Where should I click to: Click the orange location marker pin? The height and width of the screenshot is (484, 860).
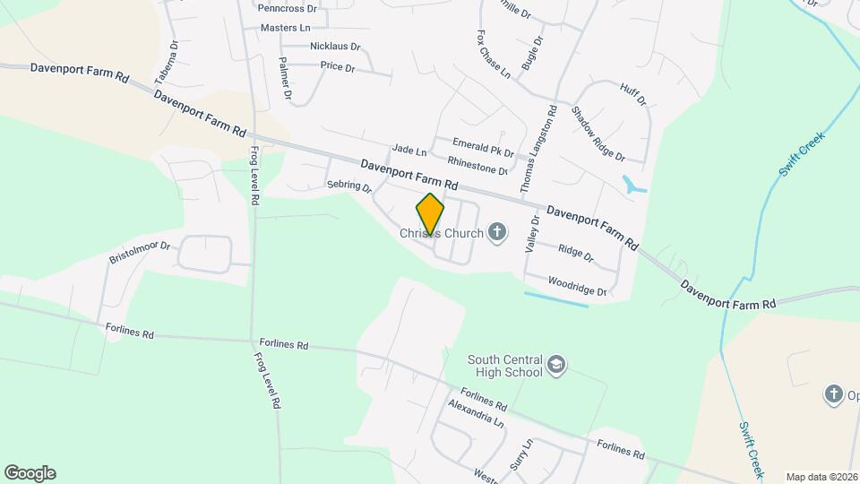[x=430, y=213]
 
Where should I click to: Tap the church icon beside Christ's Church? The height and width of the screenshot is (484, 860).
[x=497, y=234]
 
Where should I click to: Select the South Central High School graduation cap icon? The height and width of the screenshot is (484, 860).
[x=556, y=366]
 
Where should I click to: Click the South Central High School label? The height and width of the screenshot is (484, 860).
[x=504, y=366]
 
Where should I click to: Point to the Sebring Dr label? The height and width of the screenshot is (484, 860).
[x=348, y=186]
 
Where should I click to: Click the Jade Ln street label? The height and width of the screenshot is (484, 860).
[x=409, y=150]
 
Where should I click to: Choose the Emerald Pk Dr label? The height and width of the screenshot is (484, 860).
[x=483, y=147]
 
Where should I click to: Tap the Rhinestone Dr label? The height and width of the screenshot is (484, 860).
[x=477, y=167]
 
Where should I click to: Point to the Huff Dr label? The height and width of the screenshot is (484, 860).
[x=632, y=94]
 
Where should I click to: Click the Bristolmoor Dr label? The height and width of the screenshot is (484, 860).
[x=140, y=251]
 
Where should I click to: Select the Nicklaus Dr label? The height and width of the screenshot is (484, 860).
[x=335, y=47]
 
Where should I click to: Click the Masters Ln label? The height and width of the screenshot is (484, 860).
[x=285, y=28]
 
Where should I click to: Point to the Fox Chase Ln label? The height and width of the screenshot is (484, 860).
[x=493, y=53]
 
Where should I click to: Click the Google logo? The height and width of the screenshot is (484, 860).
[x=30, y=473]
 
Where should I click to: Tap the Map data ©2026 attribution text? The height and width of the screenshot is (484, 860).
[x=821, y=477]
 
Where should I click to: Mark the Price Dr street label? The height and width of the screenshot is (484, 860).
[x=337, y=67]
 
